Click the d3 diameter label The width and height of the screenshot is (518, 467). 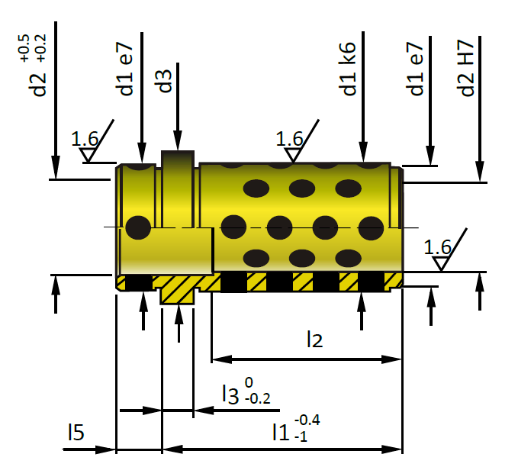point(163,81)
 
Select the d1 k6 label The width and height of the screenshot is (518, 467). point(348,69)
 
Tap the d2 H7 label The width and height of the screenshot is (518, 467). point(465,68)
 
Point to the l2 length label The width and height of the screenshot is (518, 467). point(314,340)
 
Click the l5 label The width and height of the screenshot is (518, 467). point(76,432)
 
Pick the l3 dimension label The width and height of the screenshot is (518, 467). point(230,394)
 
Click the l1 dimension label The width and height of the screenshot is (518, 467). point(281,433)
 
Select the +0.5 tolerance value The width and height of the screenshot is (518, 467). point(24,48)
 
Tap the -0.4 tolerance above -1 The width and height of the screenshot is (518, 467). point(307,420)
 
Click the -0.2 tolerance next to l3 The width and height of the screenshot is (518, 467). point(258,398)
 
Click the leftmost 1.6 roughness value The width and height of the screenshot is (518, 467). point(85,139)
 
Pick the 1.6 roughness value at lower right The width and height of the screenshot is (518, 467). point(437,247)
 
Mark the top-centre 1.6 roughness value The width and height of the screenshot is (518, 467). point(289,139)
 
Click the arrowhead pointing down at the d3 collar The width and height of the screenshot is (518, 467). point(178,140)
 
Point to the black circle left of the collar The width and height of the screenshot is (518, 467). point(138,227)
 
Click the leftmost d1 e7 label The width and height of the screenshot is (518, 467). point(124,69)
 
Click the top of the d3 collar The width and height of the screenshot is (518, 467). point(178,152)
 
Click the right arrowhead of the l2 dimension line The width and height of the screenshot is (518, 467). point(392,359)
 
